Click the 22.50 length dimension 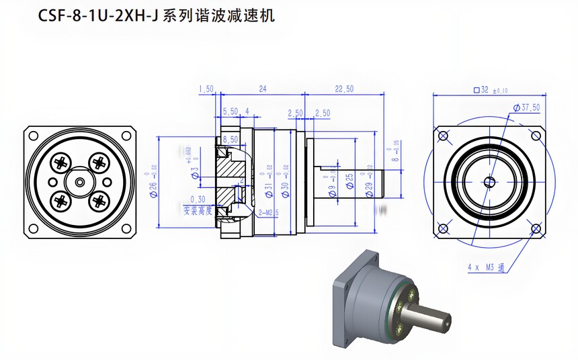[x=343, y=89]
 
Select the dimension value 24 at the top [x=263, y=89]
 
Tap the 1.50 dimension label [x=206, y=89]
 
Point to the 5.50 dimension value [x=230, y=111]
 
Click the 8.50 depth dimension [x=230, y=139]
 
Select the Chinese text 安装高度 [x=198, y=210]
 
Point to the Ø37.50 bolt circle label [x=526, y=107]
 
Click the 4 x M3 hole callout [x=486, y=267]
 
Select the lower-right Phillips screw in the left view [x=99, y=200]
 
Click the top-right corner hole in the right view [x=536, y=136]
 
